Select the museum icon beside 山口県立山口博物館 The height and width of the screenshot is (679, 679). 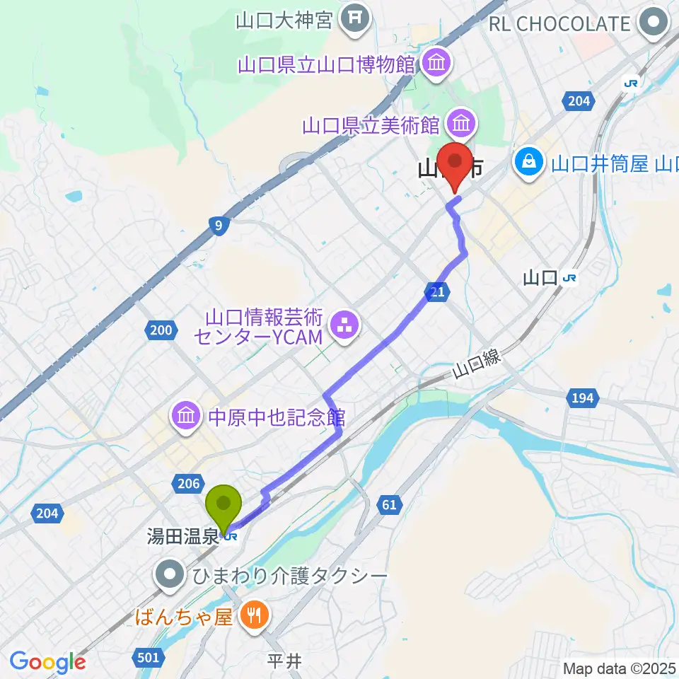tap(436, 63)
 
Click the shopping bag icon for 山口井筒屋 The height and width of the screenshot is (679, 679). tap(528, 164)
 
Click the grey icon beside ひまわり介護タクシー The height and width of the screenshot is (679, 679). tap(170, 575)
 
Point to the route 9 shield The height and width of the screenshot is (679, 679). tap(219, 226)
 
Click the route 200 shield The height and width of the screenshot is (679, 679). tap(161, 329)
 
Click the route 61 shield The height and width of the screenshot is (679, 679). tap(390, 504)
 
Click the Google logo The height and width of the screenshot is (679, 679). tap(47, 662)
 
